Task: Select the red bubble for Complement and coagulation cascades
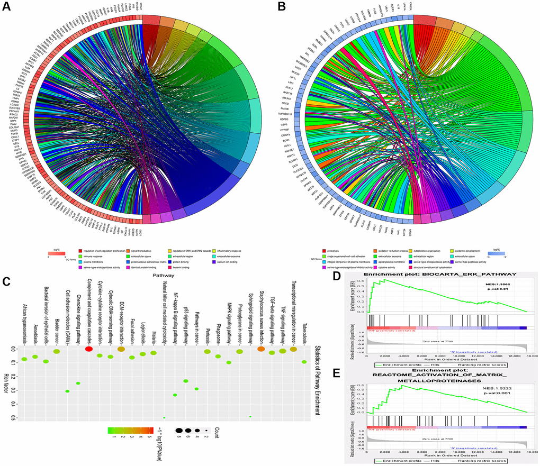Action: click(89, 349)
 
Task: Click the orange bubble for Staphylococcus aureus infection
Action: click(261, 349)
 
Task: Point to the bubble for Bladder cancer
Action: click(57, 351)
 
